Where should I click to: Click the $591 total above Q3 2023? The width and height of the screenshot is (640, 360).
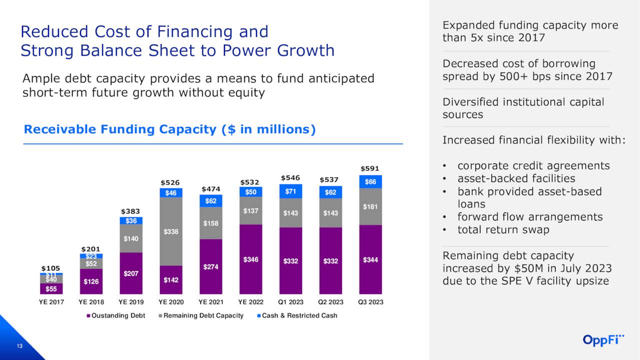coord(370,168)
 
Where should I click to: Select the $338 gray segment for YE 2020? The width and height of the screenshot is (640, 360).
coord(170,231)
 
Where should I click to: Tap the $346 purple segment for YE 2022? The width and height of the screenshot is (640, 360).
coord(250,259)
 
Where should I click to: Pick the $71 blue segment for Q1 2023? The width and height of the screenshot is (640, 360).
coord(290,191)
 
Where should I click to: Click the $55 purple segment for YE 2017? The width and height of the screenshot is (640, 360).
coord(51,289)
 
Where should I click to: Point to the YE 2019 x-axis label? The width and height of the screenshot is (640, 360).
coord(130,302)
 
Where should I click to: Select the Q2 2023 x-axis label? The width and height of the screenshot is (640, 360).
coord(330,302)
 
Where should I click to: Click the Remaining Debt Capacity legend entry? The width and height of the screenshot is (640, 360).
coord(203,315)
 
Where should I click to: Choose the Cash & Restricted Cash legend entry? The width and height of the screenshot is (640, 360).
coord(299,315)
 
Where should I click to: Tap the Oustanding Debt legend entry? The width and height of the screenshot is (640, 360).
coord(118,315)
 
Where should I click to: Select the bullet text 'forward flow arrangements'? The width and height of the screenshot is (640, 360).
coord(529,217)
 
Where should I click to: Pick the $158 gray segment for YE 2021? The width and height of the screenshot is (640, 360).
coord(210,223)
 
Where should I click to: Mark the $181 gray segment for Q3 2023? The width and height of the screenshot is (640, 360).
coord(370,206)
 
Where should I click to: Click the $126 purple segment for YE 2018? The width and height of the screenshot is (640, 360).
coord(91,281)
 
